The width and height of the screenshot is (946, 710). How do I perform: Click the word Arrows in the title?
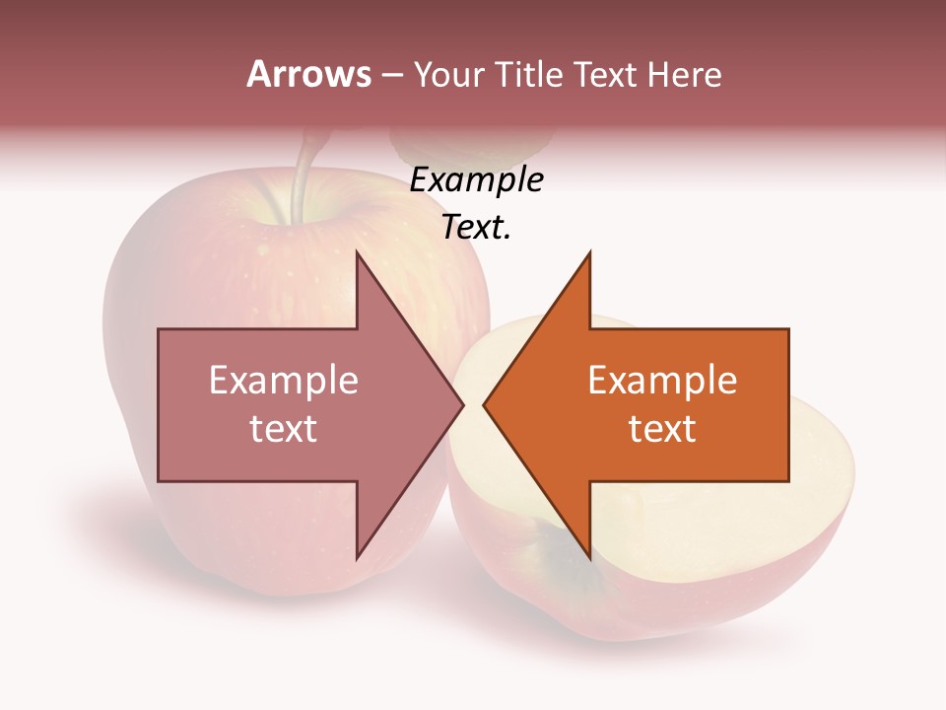tap(309, 74)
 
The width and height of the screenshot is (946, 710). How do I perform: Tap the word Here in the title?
tap(686, 74)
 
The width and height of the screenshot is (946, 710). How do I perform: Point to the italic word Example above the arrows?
tap(476, 180)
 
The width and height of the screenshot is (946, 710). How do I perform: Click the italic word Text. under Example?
tap(476, 228)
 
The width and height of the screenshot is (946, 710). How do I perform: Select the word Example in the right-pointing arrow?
tap(284, 381)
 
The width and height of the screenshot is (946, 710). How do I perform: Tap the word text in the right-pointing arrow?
tap(284, 429)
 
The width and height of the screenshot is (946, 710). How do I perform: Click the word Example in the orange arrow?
tap(662, 381)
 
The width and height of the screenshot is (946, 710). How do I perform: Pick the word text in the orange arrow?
tap(662, 429)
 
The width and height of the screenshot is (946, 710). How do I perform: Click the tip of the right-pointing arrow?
tap(462, 405)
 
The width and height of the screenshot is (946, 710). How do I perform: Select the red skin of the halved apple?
tap(690, 602)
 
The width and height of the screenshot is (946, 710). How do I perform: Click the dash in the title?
tap(391, 75)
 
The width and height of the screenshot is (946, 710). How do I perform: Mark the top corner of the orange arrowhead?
tap(590, 253)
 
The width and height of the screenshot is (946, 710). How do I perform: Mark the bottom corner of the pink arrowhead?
tap(357, 559)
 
